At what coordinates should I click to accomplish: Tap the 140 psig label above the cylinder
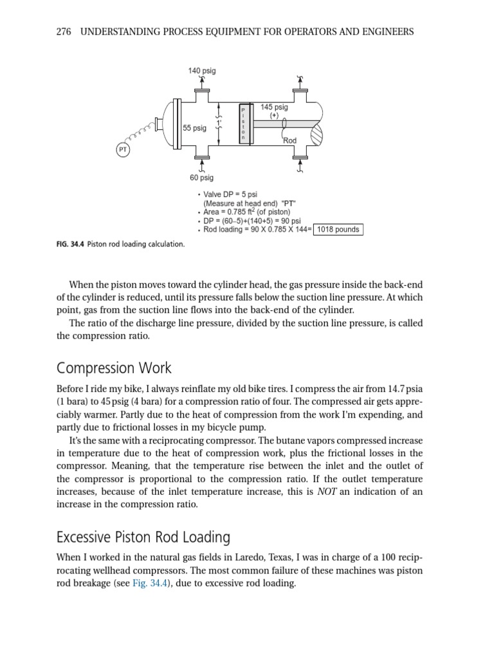pyautogui.click(x=202, y=70)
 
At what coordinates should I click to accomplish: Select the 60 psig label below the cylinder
pyautogui.click(x=201, y=178)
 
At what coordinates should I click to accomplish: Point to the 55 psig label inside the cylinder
pyautogui.click(x=195, y=128)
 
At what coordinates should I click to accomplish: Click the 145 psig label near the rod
pyautogui.click(x=274, y=107)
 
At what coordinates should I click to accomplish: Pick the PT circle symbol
pyautogui.click(x=122, y=150)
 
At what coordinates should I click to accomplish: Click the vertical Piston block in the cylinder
pyautogui.click(x=243, y=125)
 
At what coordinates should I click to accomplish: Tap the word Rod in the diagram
pyautogui.click(x=290, y=140)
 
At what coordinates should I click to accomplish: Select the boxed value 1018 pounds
pyautogui.click(x=338, y=229)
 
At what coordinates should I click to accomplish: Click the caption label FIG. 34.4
pyautogui.click(x=71, y=245)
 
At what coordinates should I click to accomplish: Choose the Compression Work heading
pyautogui.click(x=114, y=369)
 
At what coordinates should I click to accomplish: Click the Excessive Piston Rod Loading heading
pyautogui.click(x=143, y=537)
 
